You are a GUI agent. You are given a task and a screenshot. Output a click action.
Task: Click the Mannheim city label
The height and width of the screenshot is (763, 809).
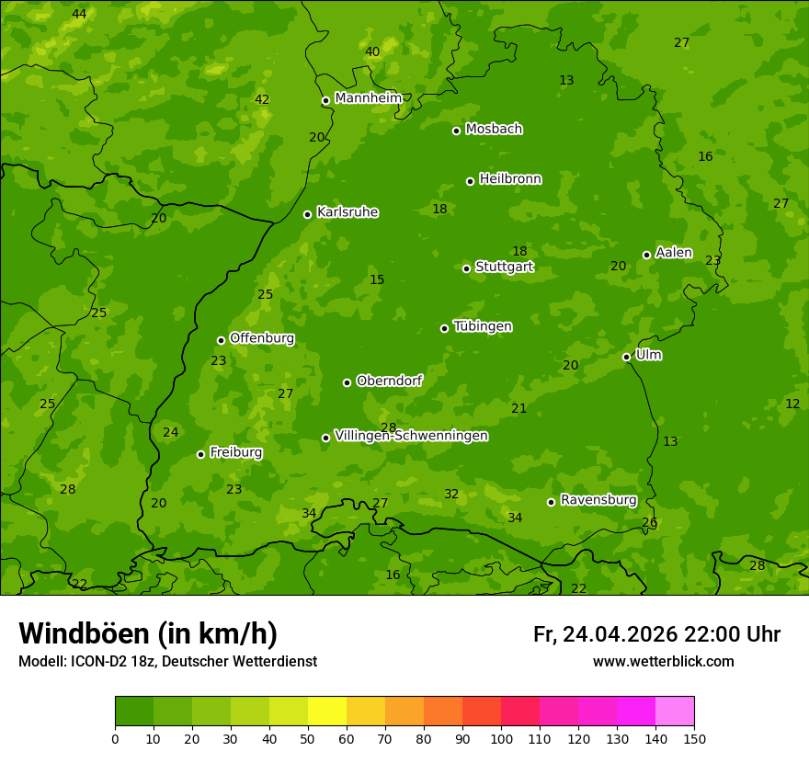pos(368,98)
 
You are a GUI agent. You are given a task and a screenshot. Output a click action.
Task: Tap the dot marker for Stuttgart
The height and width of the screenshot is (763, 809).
pos(466,268)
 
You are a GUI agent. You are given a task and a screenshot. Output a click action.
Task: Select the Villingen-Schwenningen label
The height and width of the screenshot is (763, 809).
pos(411,436)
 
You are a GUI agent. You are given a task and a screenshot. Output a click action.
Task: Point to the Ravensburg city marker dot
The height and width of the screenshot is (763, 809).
pos(552,502)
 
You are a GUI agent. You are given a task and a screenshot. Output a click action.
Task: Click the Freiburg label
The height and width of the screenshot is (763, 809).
pos(235,452)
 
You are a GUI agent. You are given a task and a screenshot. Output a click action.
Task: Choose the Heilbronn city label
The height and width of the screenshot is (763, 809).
pos(510,179)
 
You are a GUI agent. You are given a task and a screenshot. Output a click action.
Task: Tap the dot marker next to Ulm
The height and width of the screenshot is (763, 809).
pos(627,357)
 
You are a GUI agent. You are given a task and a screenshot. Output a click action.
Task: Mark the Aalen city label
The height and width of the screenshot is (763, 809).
pos(674,253)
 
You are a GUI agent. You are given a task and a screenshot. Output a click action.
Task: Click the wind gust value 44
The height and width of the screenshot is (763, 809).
pos(79,14)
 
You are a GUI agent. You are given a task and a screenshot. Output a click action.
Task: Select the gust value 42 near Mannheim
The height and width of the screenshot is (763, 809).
pos(262,99)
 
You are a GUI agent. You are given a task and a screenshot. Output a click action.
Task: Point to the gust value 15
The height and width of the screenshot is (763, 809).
pos(377,280)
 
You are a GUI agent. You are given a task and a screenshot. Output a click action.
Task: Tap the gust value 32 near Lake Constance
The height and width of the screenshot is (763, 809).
pos(451,495)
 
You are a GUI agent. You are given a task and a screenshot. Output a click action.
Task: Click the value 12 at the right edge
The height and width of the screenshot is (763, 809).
pos(792,404)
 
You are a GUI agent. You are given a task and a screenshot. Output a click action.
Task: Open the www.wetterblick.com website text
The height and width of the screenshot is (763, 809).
pos(663,662)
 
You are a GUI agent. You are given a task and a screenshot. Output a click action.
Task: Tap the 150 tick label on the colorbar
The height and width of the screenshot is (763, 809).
pos(694,737)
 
